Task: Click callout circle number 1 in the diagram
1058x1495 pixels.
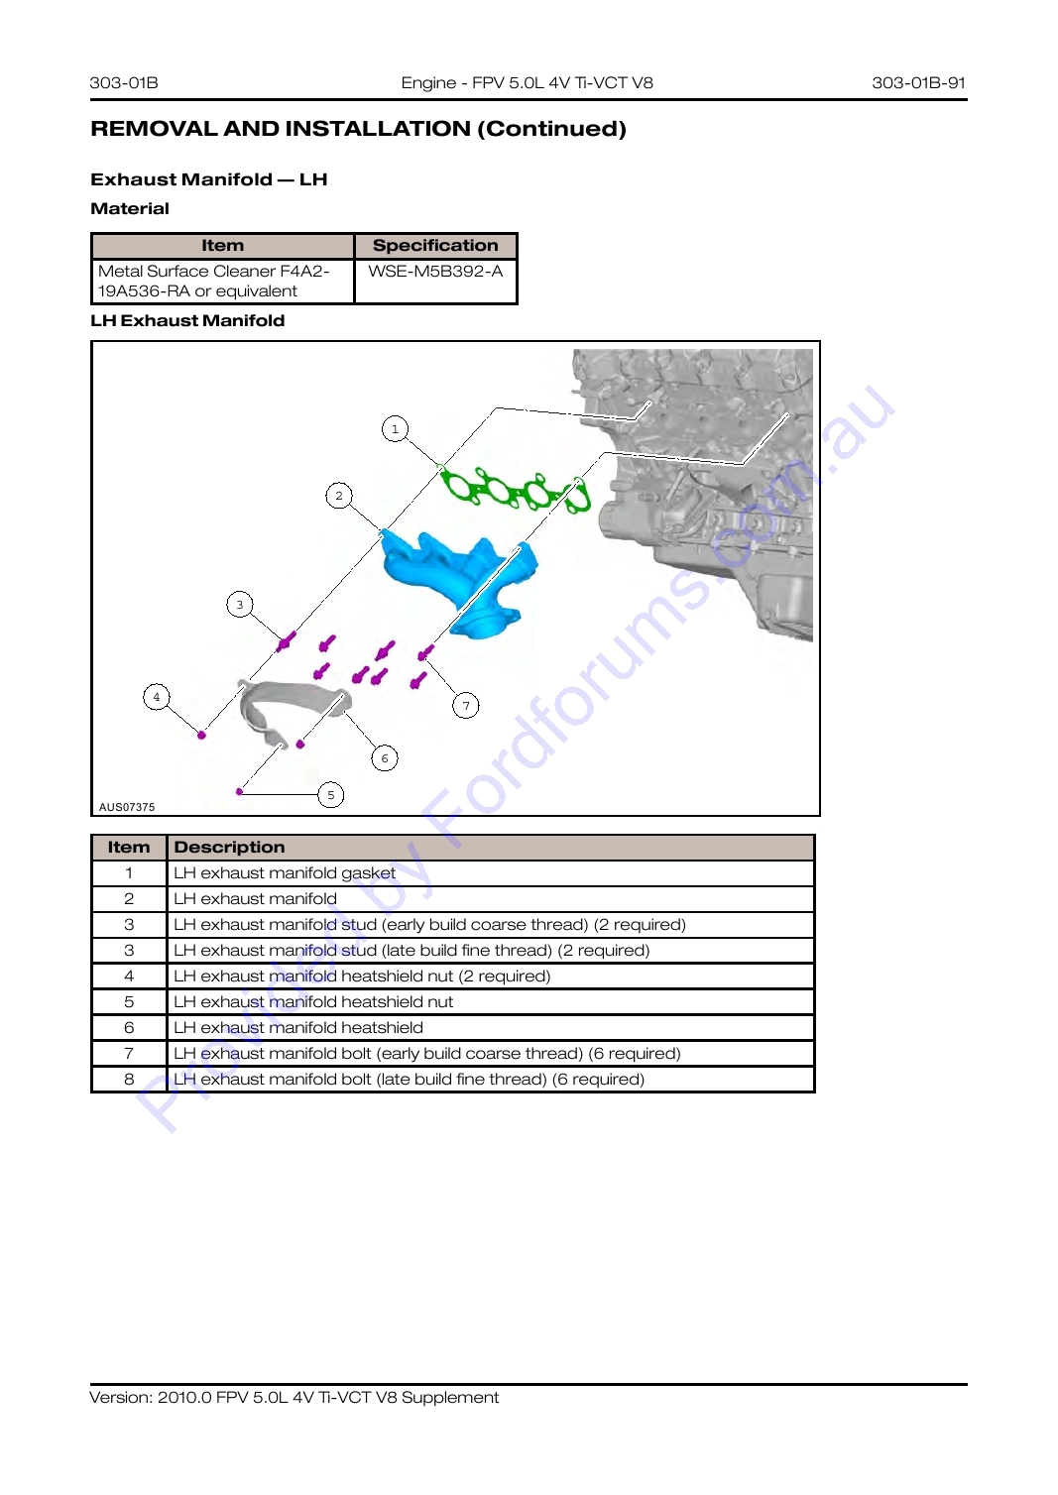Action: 396,428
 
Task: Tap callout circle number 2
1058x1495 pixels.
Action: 339,496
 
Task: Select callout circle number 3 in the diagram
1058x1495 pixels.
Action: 240,605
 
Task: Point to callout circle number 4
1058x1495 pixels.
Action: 157,697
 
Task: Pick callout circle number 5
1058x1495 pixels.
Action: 330,795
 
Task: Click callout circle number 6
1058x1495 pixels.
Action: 385,758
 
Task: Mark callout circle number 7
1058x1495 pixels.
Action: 466,706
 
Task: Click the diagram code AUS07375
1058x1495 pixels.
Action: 127,807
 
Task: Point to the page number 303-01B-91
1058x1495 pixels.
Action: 918,82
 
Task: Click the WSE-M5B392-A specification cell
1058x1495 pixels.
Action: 435,271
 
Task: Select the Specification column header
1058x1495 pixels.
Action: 435,246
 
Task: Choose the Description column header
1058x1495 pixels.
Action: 229,847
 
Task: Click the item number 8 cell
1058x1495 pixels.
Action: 129,1080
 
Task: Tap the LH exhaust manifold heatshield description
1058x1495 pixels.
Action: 298,1028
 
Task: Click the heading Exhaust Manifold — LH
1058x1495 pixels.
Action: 209,179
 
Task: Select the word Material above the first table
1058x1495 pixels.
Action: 130,209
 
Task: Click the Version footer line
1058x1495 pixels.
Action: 294,1398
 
